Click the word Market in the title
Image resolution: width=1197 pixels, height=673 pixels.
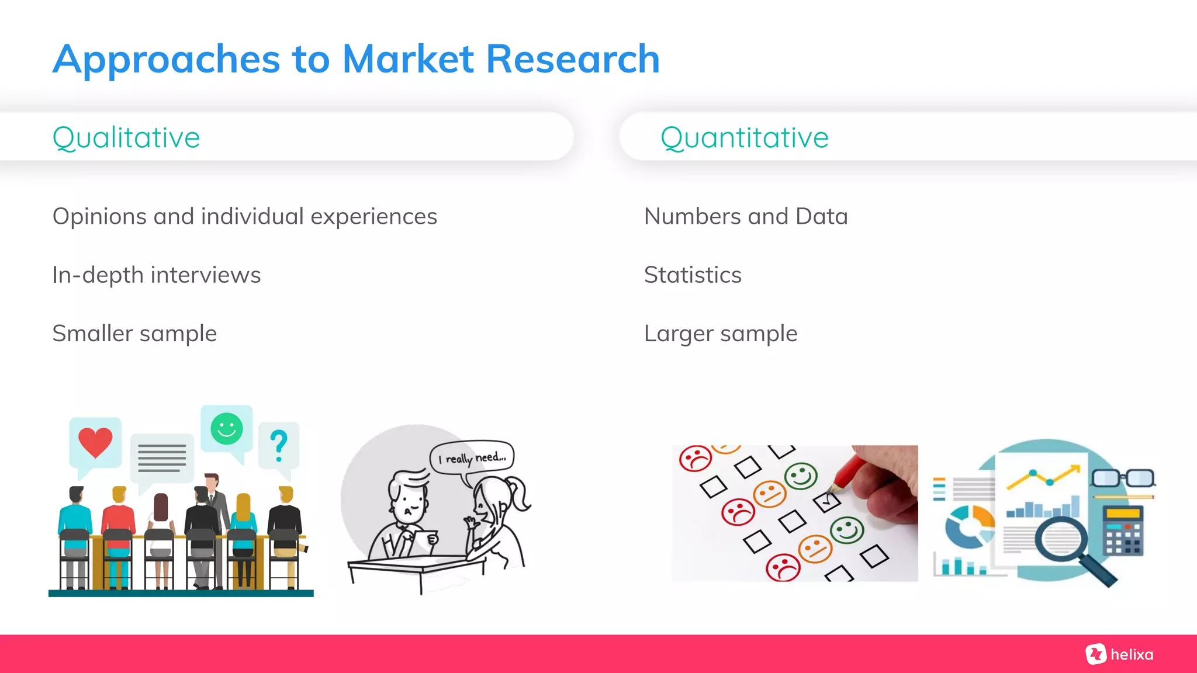click(x=407, y=60)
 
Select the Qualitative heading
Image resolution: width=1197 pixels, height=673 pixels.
click(x=126, y=138)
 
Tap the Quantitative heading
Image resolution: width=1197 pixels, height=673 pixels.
click(x=744, y=138)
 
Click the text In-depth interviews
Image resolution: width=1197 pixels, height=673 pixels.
click(x=156, y=275)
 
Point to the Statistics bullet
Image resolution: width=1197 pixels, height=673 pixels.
click(x=692, y=275)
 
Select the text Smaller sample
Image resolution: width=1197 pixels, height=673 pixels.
click(x=134, y=334)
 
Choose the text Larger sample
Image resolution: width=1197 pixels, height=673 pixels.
click(x=720, y=334)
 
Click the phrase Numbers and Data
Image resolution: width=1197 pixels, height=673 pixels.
click(x=745, y=217)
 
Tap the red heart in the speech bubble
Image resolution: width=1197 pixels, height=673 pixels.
click(x=95, y=442)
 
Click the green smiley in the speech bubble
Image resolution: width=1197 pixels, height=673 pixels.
click(x=227, y=429)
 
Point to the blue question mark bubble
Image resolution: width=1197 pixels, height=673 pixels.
click(x=279, y=445)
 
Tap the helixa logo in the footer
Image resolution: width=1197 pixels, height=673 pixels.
click(x=1119, y=654)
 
